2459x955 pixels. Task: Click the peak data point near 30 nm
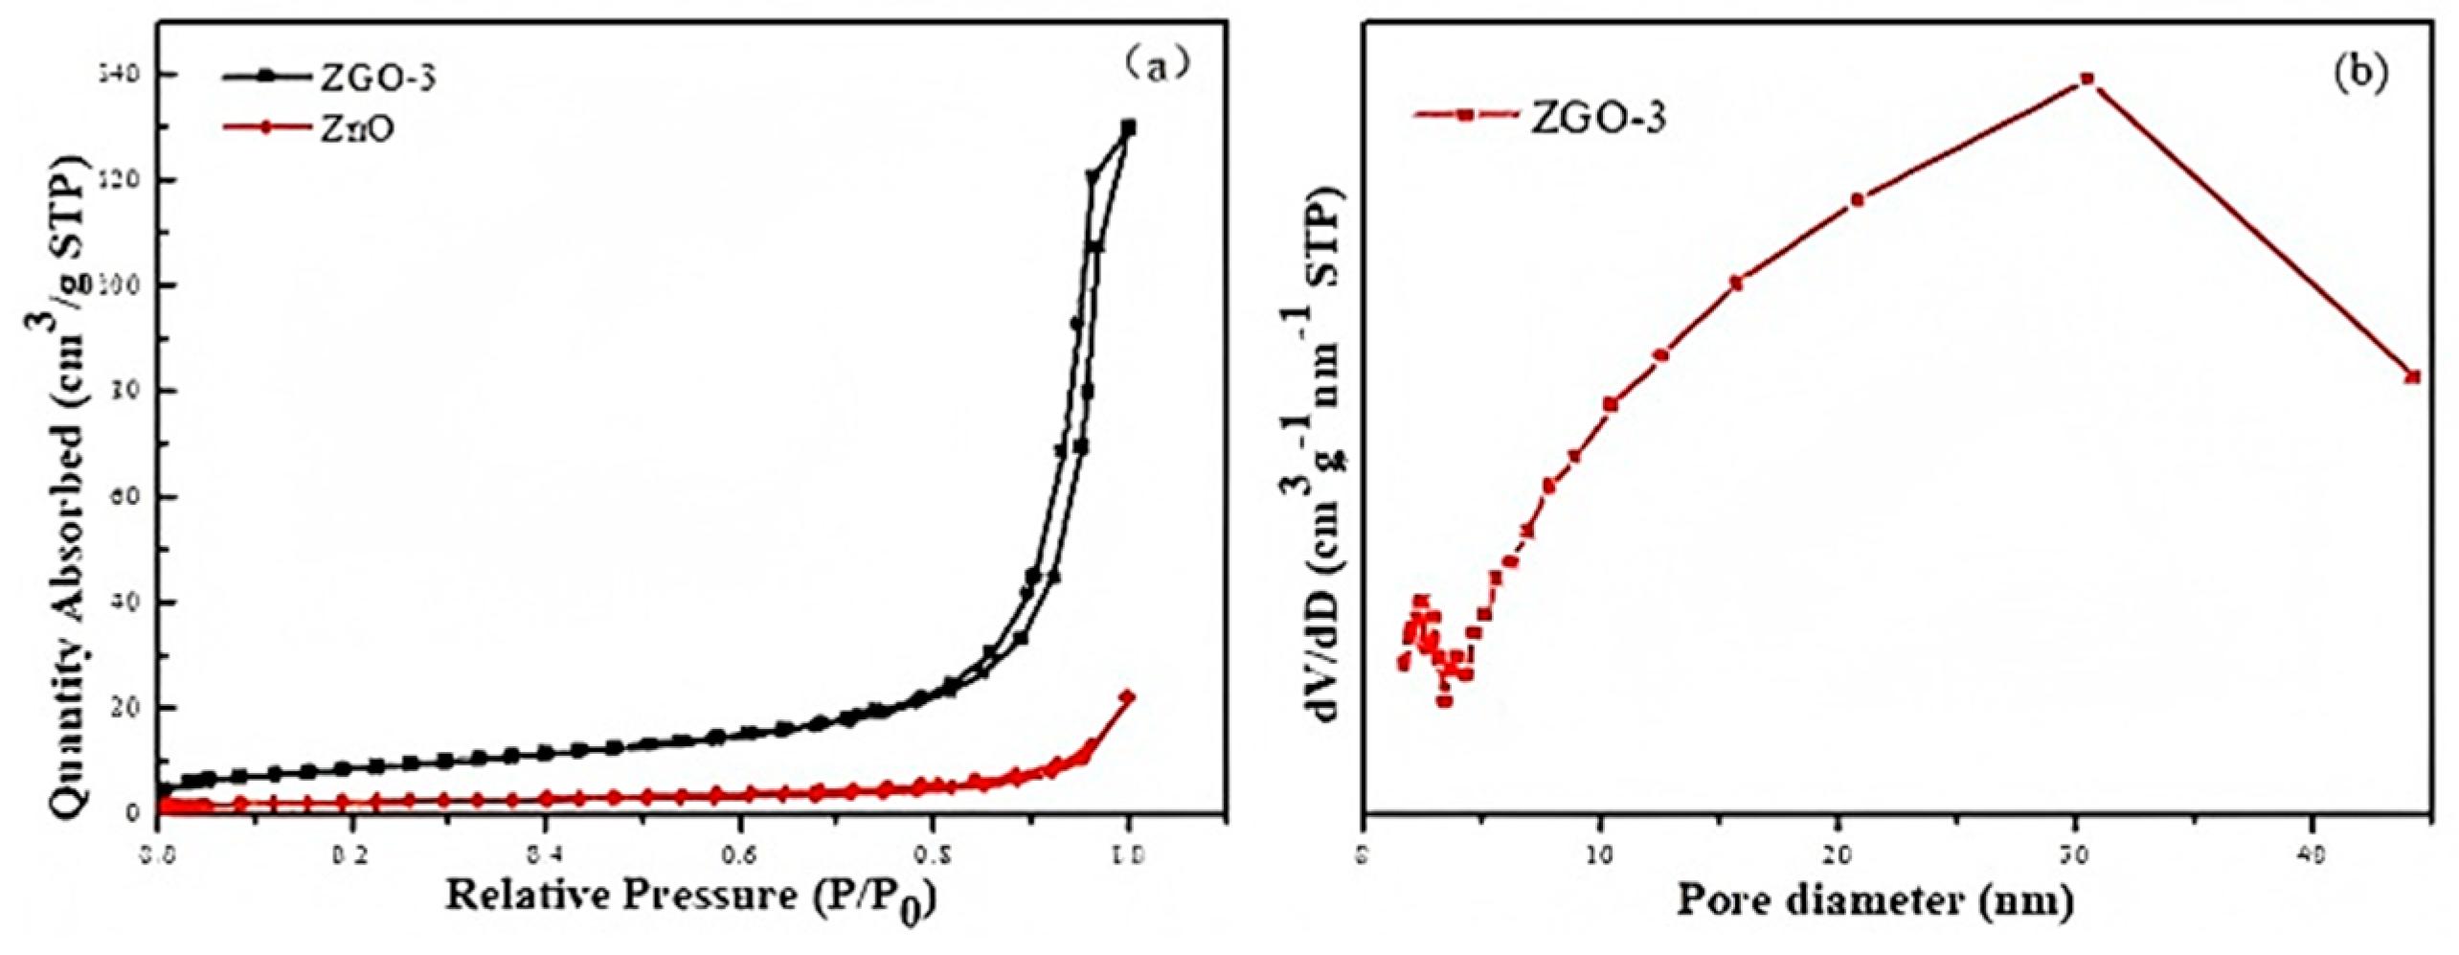2087,79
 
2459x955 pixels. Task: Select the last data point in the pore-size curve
2413,376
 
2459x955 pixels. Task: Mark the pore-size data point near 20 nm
1858,199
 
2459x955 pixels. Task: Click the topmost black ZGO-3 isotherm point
1128,127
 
